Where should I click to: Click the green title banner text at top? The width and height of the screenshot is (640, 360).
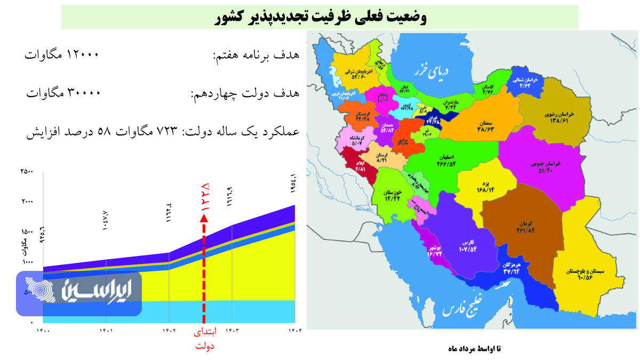coord(320,17)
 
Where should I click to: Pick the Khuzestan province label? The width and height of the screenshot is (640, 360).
coord(392,195)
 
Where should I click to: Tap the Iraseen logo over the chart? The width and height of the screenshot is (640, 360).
coord(78,293)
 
